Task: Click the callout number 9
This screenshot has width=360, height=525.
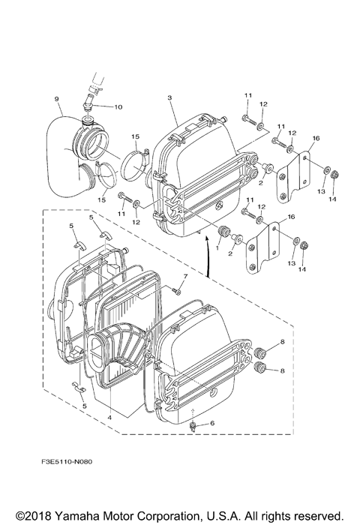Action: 56,99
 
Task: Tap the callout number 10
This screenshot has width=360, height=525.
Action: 118,107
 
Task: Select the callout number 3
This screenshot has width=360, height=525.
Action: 169,97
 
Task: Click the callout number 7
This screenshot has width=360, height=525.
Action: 185,276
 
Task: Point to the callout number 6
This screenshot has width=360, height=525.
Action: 212,423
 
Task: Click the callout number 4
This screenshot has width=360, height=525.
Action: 109,418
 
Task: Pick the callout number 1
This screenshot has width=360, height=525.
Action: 217,248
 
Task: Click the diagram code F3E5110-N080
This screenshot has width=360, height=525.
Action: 67,462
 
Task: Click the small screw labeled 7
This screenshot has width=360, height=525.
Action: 176,292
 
